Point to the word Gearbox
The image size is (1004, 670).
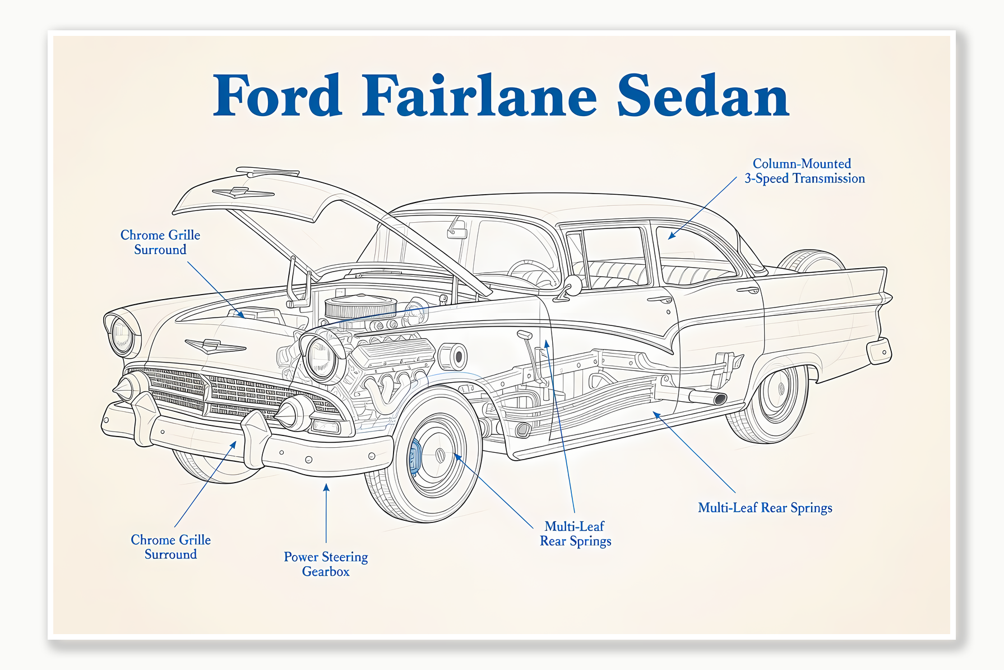(x=326, y=572)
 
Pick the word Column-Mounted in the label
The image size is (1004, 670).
(x=802, y=164)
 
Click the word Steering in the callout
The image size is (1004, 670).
(x=345, y=557)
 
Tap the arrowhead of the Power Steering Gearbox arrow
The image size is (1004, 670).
(x=326, y=487)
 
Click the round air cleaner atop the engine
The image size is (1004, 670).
(x=360, y=307)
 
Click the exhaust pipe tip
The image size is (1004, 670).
(x=720, y=399)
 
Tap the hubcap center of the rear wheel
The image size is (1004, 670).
(x=780, y=388)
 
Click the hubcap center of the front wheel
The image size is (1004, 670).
(x=440, y=455)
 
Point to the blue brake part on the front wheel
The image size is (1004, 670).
(x=415, y=456)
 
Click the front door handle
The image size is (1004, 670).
(x=659, y=300)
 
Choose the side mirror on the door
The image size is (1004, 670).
(x=573, y=286)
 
